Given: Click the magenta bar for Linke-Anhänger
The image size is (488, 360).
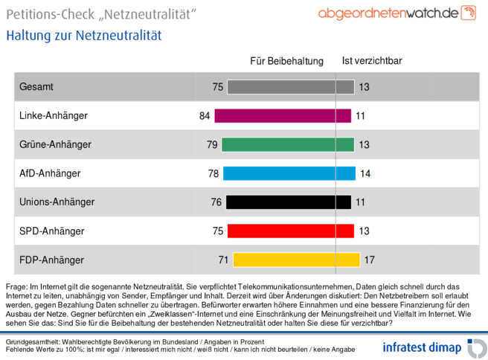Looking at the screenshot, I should [x=283, y=115].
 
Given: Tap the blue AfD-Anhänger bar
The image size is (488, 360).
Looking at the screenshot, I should [x=289, y=173].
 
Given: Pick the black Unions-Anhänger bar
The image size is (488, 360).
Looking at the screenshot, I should [x=288, y=202].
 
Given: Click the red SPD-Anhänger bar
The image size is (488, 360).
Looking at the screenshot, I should [x=290, y=231].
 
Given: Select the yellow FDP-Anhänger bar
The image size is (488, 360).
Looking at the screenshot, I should [x=296, y=260].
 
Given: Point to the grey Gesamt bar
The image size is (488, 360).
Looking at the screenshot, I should [x=290, y=87].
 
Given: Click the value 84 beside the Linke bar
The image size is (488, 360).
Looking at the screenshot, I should [x=205, y=115].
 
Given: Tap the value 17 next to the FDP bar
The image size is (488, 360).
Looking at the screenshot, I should [x=369, y=260].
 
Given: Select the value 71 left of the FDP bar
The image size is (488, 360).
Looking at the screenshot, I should [x=222, y=260].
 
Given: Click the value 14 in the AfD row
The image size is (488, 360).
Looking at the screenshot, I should [x=365, y=173].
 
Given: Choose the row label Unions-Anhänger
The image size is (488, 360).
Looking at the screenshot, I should [x=57, y=202].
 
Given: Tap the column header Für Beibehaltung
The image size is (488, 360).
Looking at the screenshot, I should [x=287, y=61].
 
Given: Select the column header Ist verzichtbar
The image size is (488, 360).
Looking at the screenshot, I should [x=372, y=61].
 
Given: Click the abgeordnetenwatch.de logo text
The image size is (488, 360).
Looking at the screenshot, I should [x=387, y=13].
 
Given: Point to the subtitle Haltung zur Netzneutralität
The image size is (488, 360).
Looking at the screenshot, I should [x=83, y=35].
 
